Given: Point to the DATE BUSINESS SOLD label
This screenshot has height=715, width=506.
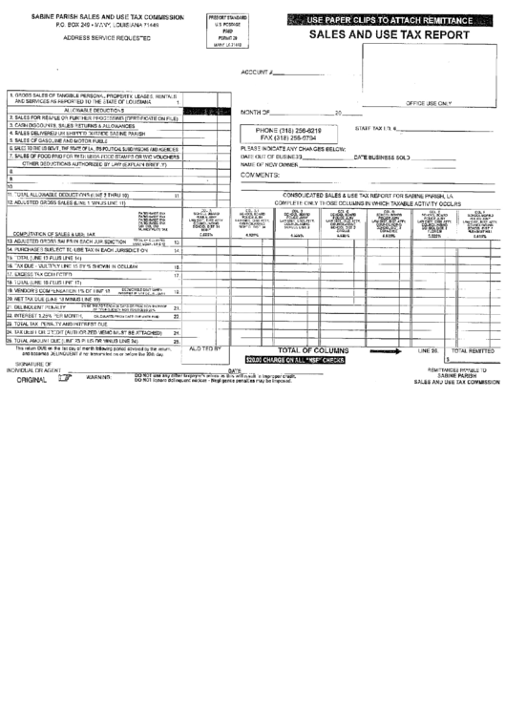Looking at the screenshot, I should point(382,157).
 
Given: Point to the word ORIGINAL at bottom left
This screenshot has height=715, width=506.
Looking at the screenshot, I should point(33,379).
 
